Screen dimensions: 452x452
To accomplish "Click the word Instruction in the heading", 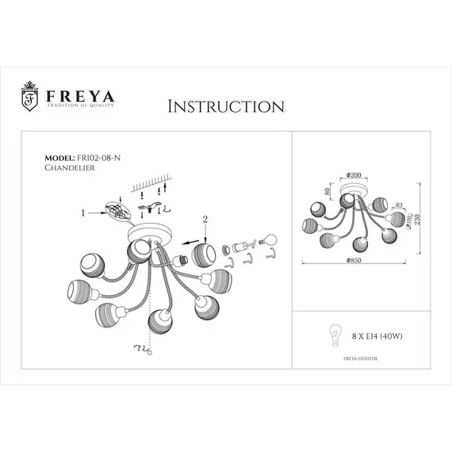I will click(226, 106).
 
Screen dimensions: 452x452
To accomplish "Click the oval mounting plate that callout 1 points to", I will click(117, 213).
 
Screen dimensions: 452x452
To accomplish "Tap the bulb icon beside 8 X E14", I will click(335, 335).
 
